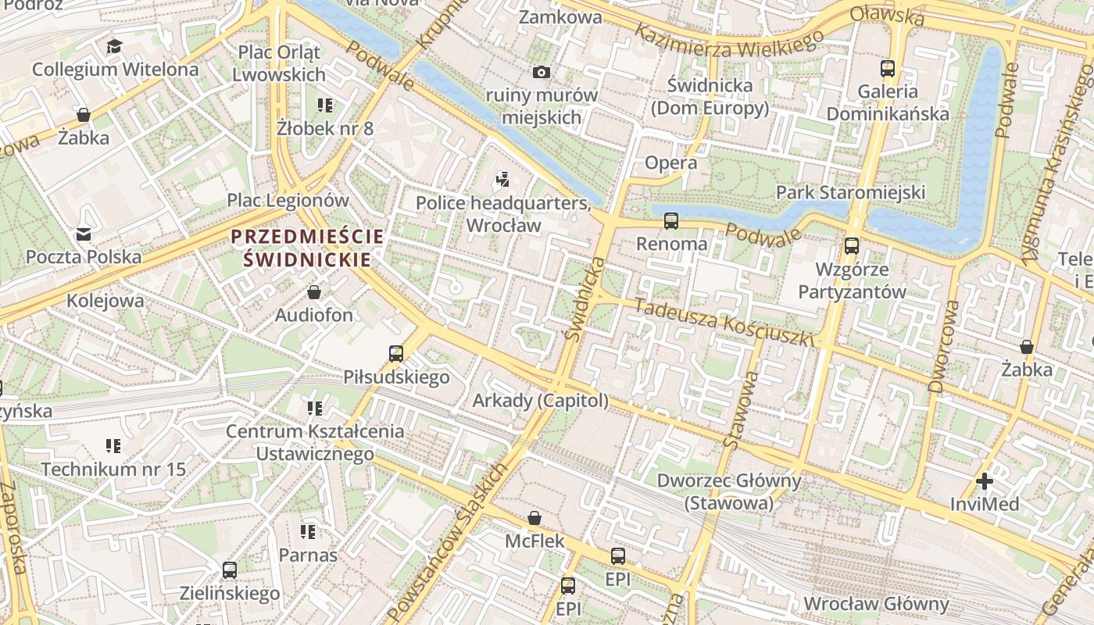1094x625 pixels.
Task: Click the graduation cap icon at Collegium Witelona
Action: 115,46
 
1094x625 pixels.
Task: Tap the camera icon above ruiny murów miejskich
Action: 541,73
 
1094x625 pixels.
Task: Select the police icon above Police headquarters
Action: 502,180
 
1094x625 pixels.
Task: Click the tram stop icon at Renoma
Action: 671,221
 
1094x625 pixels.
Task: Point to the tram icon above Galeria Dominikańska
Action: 888,69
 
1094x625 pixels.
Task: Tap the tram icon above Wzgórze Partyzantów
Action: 852,246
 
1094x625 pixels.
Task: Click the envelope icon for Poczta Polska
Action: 83,234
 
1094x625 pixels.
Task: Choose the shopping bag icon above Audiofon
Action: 314,293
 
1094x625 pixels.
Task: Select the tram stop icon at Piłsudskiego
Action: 396,354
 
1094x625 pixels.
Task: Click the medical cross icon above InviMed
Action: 985,481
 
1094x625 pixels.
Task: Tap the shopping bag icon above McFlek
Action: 534,518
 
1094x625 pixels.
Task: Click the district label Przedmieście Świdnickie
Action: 307,248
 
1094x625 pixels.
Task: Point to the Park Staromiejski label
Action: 850,192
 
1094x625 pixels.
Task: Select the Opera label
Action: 670,162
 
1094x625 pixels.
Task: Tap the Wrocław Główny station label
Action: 876,604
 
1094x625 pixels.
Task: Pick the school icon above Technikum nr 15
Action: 113,446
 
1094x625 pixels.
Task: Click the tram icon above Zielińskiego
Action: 230,570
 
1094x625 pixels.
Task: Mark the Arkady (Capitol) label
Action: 540,401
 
